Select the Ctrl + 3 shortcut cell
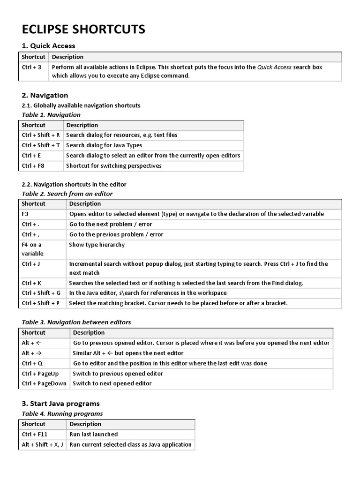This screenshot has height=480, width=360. [31, 67]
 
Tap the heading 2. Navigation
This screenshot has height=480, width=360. [45, 95]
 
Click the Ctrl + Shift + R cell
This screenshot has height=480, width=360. [40, 135]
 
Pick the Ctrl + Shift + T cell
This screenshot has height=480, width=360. [40, 145]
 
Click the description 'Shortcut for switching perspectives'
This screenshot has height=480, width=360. [113, 165]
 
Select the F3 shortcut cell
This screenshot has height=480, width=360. [26, 214]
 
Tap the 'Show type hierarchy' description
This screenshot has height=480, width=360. [97, 245]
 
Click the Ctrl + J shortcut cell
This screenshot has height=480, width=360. [31, 264]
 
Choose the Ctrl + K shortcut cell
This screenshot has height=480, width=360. [31, 283]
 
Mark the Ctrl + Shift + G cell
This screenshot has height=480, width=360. [41, 293]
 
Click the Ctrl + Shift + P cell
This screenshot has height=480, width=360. [41, 303]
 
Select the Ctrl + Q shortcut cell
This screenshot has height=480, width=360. [32, 363]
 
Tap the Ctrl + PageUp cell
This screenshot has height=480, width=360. [40, 374]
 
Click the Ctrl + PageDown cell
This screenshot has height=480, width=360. [44, 383]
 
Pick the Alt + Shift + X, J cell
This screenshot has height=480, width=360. [42, 444]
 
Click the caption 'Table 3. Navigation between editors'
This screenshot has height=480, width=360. [76, 322]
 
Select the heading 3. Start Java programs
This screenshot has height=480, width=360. [60, 403]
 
